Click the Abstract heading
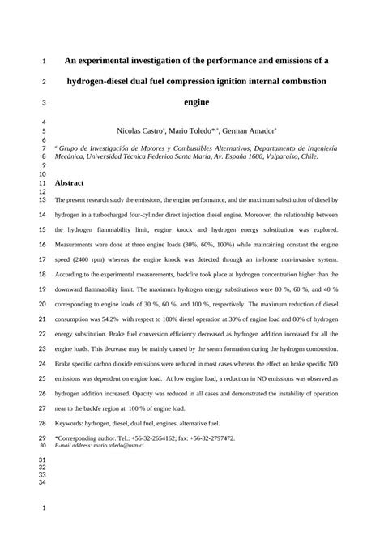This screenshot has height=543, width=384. (70, 184)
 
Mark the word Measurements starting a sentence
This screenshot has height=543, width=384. (78, 246)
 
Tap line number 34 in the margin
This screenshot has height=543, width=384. (43, 482)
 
